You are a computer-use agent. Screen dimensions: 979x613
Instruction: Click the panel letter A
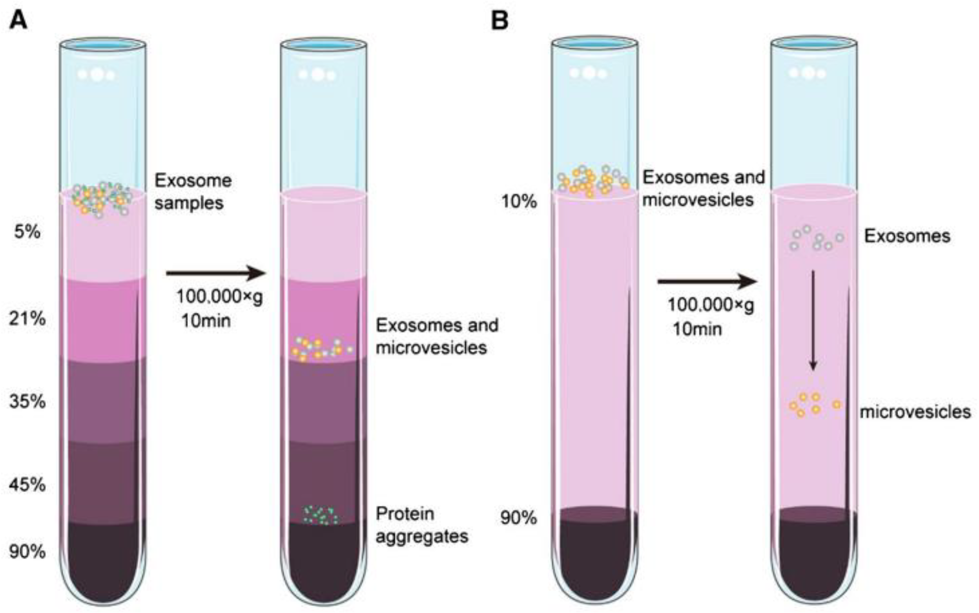[18, 20]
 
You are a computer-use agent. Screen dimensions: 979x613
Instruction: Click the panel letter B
[500, 20]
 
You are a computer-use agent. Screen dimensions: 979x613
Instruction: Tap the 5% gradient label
[27, 232]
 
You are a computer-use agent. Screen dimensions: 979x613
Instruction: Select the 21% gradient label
[27, 319]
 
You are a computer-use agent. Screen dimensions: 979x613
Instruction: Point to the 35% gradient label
[27, 402]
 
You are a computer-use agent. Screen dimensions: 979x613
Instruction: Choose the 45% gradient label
[27, 485]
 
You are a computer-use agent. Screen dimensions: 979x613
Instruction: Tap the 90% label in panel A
[27, 552]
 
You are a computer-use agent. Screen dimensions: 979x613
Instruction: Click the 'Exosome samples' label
[193, 192]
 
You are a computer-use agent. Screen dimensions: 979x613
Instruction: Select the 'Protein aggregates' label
[421, 525]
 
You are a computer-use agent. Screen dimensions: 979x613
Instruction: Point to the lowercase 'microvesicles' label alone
[915, 412]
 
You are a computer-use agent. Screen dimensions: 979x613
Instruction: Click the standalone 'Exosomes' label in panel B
[907, 236]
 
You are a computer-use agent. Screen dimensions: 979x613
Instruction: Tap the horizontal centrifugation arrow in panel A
[215, 273]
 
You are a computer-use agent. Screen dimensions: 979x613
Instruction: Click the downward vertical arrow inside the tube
[813, 320]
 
